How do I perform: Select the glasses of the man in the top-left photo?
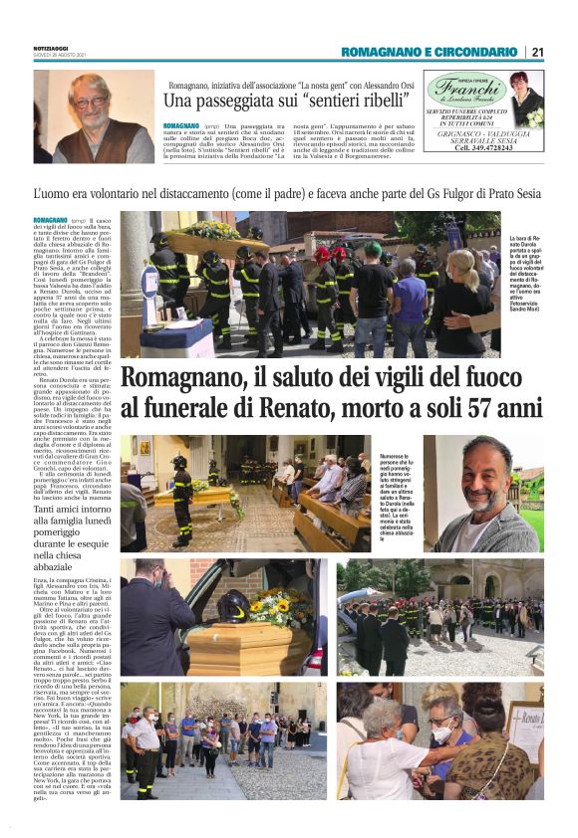pos(89,102)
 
